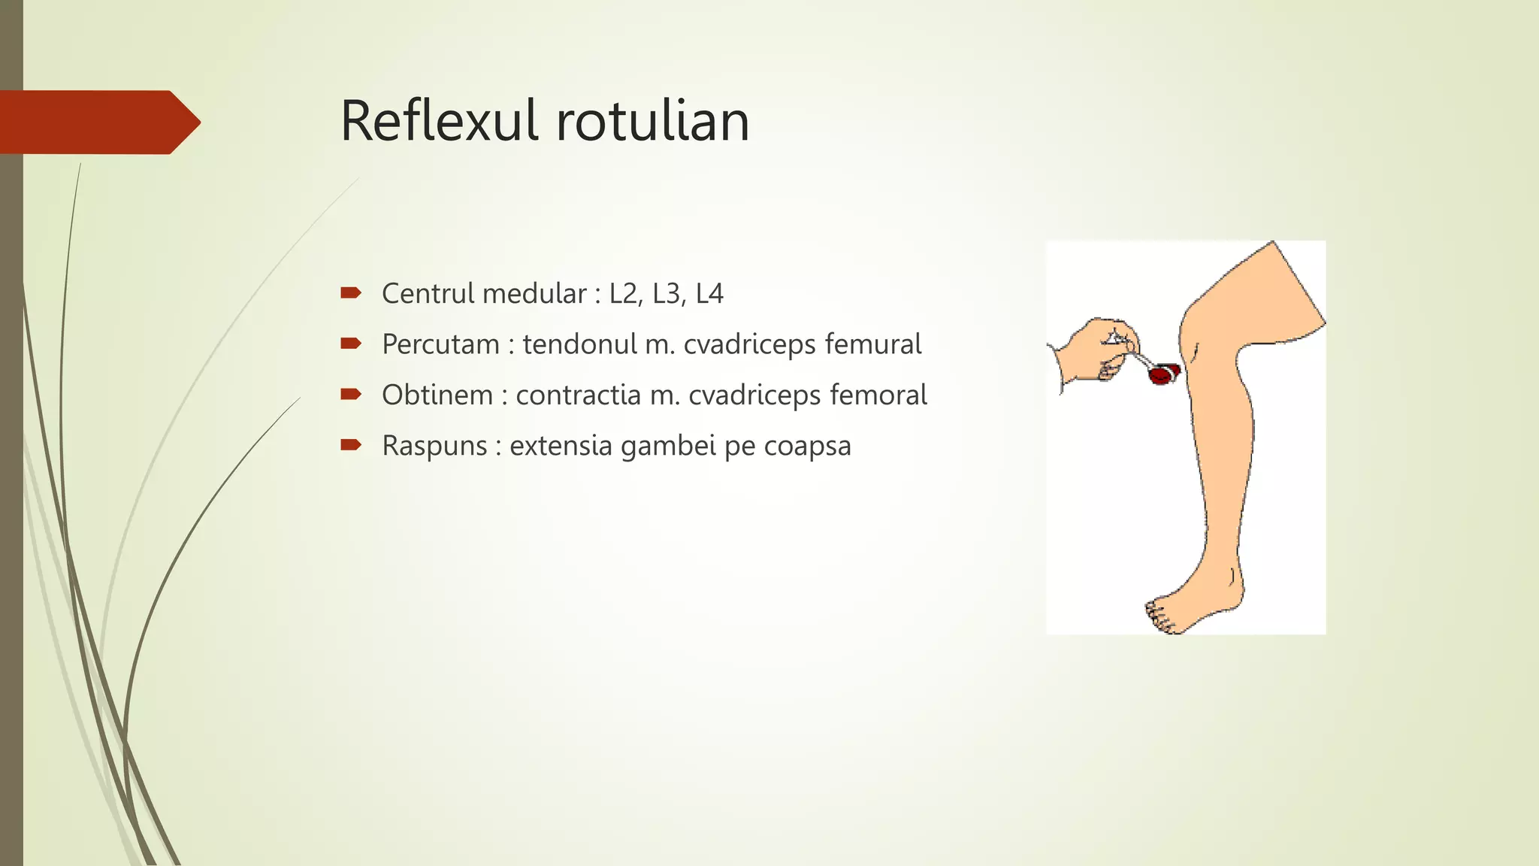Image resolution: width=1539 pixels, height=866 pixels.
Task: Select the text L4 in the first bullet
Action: (709, 293)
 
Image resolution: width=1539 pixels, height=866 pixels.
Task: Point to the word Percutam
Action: (440, 344)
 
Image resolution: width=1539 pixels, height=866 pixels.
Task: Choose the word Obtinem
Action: (437, 395)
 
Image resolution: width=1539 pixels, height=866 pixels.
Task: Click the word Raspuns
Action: (435, 446)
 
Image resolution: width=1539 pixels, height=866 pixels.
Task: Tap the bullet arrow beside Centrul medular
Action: (351, 293)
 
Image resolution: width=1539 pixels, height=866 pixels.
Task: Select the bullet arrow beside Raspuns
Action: (351, 445)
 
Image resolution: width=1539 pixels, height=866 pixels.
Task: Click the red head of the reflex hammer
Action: (1163, 374)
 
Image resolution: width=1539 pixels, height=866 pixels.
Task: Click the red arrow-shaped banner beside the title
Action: (98, 122)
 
